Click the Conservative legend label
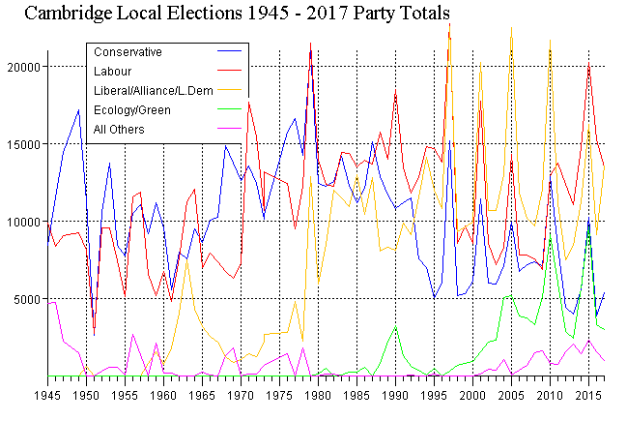coord(127,51)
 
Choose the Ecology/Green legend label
coord(131,109)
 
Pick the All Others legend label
coord(118,129)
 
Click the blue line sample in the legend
coord(230,51)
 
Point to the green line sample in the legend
coord(230,109)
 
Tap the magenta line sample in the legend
coord(230,129)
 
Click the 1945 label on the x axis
coord(47,396)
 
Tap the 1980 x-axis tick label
coord(319,396)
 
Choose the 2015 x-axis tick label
coord(589,396)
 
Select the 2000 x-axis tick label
coord(473,396)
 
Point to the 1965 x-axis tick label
coord(203,396)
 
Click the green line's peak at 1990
coord(396,326)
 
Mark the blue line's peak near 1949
coord(78,110)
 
